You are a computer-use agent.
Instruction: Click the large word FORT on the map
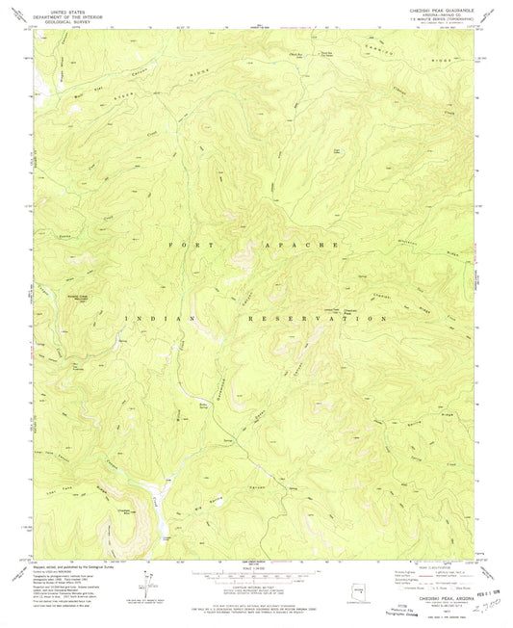[x=196, y=246]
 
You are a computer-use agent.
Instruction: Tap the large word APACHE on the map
[x=307, y=246]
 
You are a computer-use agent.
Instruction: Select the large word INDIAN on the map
[x=160, y=317]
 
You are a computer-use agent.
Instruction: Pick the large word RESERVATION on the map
[x=332, y=317]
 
